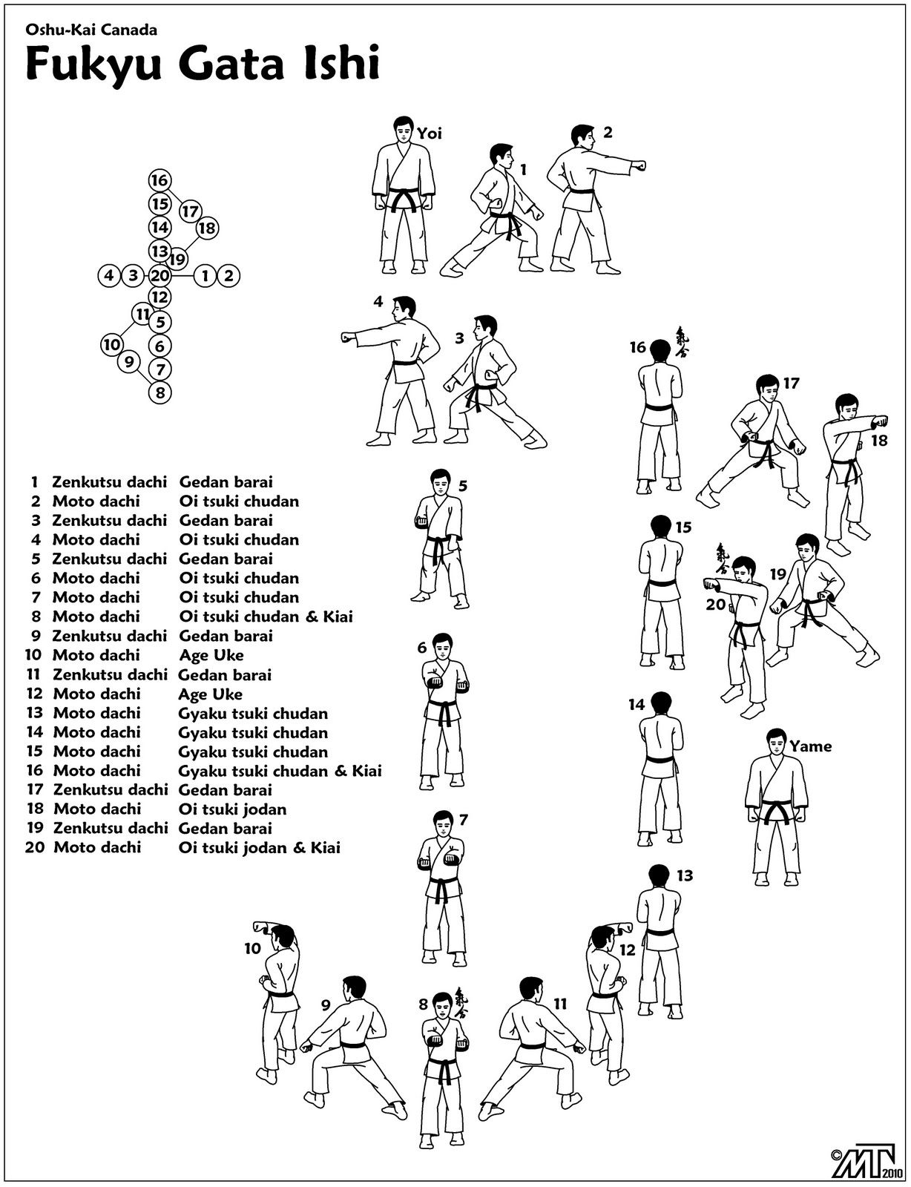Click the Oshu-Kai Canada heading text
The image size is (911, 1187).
[91, 30]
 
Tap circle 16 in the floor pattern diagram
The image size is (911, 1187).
[159, 180]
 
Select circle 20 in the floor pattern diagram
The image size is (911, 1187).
[159, 276]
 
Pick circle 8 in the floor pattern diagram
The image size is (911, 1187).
[160, 392]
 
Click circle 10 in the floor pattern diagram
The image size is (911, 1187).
[112, 344]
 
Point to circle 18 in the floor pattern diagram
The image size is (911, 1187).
[207, 228]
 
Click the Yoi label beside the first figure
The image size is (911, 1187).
[429, 134]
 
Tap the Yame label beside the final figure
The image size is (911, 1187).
[810, 746]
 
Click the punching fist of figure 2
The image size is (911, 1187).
[638, 165]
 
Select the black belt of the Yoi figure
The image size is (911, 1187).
[404, 199]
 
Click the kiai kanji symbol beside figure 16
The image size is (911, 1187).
[681, 343]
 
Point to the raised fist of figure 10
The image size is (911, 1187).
[260, 927]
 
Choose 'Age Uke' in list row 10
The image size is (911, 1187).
[211, 655]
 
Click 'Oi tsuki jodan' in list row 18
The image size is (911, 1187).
[232, 809]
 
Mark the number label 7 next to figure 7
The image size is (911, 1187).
[464, 820]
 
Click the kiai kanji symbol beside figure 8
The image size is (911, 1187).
[461, 1002]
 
